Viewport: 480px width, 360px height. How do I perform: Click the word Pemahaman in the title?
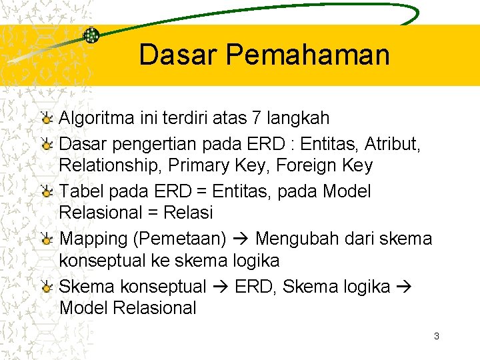pyautogui.click(x=309, y=55)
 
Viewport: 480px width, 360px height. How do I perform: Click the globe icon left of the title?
pyautogui.click(x=91, y=35)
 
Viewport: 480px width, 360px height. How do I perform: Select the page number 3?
pyautogui.click(x=436, y=336)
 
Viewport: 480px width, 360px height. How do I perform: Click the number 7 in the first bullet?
pyautogui.click(x=257, y=119)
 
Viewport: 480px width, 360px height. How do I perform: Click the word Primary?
pyautogui.click(x=197, y=165)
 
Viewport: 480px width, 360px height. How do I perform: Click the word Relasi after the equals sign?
pyautogui.click(x=187, y=213)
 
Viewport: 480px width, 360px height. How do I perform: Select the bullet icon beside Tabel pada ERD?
pyautogui.click(x=46, y=191)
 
